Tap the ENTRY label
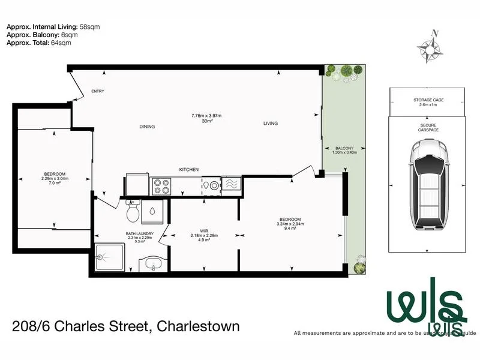[x=98, y=91]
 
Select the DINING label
[x=147, y=127]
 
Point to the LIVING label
[x=270, y=124]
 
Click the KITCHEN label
[x=189, y=170]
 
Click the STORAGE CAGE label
[x=428, y=100]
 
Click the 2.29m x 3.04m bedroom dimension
[x=54, y=179]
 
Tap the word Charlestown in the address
[x=198, y=326]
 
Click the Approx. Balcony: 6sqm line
[x=42, y=35]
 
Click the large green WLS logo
[x=425, y=309]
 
